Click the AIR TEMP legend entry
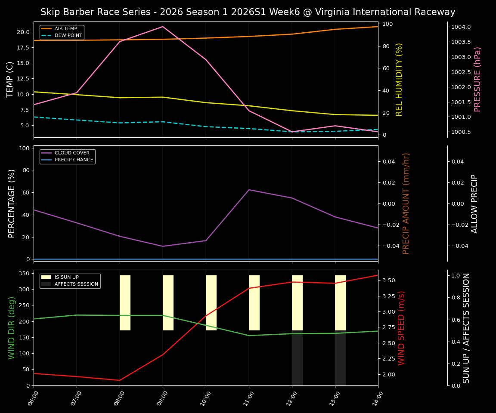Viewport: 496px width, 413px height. pos(65,29)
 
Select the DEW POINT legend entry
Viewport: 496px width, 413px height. pos(68,35)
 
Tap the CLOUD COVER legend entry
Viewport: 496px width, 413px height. pos(72,153)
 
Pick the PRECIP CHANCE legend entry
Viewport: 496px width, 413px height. pos(74,160)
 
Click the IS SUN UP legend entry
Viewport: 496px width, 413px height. pos(66,277)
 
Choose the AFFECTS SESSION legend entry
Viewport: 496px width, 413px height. pos(76,284)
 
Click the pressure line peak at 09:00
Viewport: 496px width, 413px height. pos(163,27)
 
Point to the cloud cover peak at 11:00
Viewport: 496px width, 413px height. pos(249,190)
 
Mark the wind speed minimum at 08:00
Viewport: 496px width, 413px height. pos(120,380)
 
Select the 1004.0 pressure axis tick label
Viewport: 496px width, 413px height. pos(461,27)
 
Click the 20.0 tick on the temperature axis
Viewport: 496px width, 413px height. pos(23,32)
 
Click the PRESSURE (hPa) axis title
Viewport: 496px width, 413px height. pos(477,79)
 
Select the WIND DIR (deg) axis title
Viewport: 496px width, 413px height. pos(12,328)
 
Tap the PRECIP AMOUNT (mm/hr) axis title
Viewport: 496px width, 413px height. pos(406,203)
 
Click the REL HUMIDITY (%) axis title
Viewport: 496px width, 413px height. pos(399,79)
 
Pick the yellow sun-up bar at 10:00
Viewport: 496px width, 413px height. pos(211,303)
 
